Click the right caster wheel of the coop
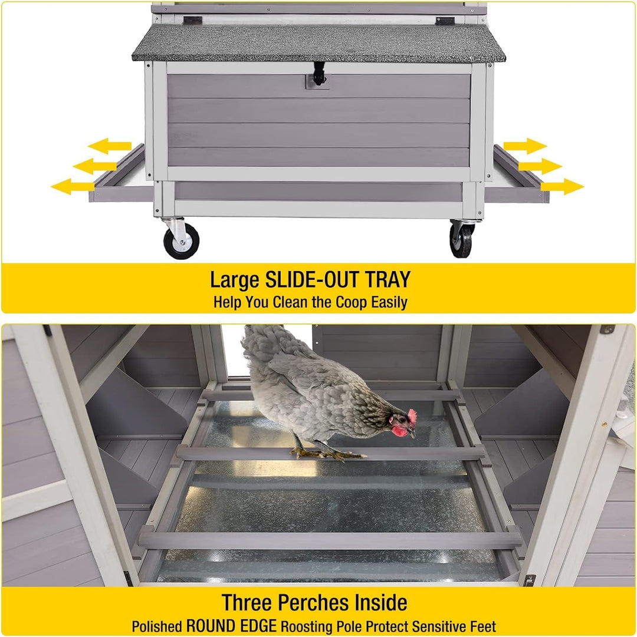461,240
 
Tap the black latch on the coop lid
319,74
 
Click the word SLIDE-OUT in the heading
312,279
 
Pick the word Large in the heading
235,280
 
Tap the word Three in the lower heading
247,602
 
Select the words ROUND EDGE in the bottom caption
231,626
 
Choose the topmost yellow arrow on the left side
110,146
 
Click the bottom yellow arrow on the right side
562,187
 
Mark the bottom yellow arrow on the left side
73,186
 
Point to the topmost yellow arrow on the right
525,146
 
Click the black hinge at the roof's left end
192,20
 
